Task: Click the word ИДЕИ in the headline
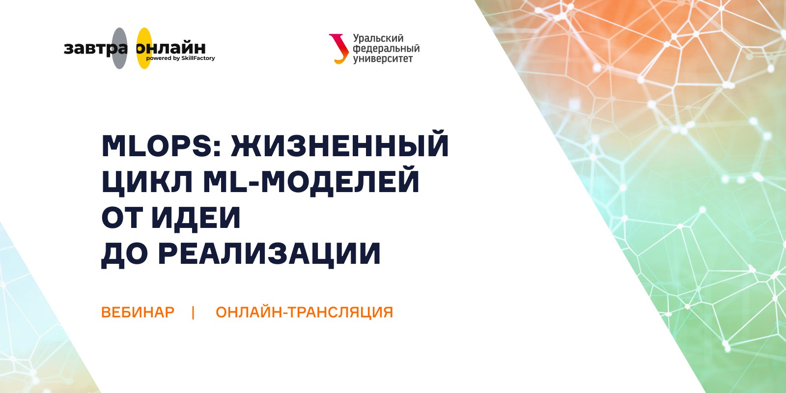click(x=196, y=218)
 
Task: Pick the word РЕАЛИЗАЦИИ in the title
click(x=269, y=254)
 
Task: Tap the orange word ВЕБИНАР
click(x=138, y=312)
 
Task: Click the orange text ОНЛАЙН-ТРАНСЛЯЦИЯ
click(x=304, y=311)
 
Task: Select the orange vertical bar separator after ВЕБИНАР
click(x=194, y=312)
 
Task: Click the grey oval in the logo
click(x=120, y=49)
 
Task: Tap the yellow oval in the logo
click(x=144, y=49)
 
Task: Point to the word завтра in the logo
click(x=95, y=49)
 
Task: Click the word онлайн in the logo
click(x=171, y=48)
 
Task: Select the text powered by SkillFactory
click(x=180, y=58)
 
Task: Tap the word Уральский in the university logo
click(x=378, y=39)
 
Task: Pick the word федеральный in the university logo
click(x=386, y=49)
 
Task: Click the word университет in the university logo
click(x=383, y=58)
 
